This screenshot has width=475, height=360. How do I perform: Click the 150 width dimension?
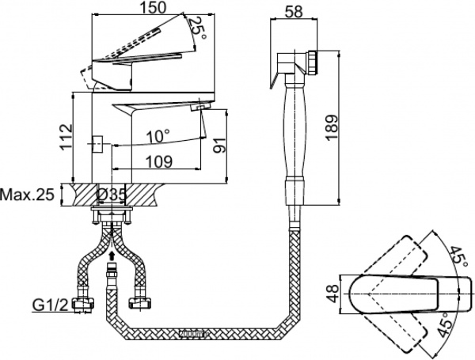tap(143, 8)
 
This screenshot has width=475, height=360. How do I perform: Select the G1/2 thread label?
tap(47, 303)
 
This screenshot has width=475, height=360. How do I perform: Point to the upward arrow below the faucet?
tap(112, 256)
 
